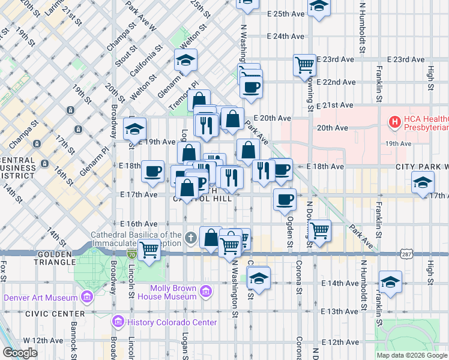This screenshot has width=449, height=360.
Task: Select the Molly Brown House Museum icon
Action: click(205, 292)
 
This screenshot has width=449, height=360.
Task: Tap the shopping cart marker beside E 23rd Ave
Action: click(305, 64)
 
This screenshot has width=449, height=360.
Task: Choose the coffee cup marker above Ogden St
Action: click(285, 199)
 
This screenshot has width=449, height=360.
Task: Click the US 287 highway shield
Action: click(407, 254)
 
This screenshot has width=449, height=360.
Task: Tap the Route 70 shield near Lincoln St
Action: click(131, 254)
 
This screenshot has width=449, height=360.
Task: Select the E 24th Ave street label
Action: click(288, 36)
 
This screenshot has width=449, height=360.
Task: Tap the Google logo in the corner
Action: click(20, 353)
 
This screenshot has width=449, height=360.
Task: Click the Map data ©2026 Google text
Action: click(412, 355)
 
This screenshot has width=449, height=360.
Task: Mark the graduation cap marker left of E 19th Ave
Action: click(134, 128)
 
